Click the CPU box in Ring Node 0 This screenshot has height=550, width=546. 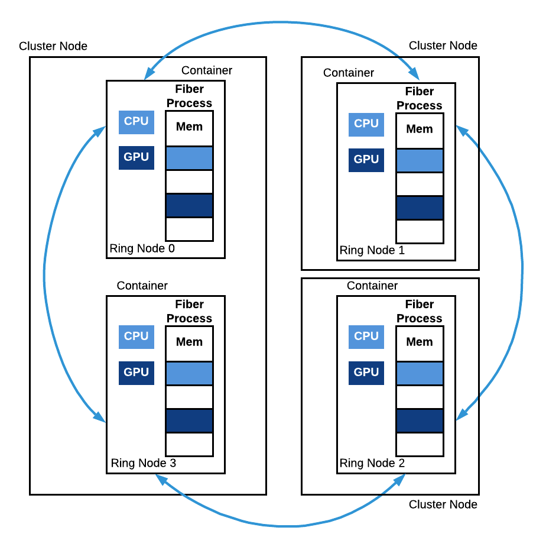coord(136,122)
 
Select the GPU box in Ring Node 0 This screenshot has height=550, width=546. coord(136,158)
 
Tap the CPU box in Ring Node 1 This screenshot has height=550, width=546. coord(366,125)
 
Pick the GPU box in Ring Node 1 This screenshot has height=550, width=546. coord(366,160)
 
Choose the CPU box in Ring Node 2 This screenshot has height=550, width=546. coord(366,337)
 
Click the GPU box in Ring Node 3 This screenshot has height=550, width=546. coord(136,373)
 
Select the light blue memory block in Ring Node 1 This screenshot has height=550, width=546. coord(420,161)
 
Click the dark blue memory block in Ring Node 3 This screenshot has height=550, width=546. coord(189,420)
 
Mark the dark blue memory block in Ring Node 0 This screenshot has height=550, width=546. coord(189,206)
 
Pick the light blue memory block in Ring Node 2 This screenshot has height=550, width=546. coord(420,374)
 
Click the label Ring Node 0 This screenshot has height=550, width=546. coord(142,248)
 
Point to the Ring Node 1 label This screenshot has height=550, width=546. coord(372,250)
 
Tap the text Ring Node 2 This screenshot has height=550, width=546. coord(372,463)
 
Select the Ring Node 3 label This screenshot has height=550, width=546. coord(144,463)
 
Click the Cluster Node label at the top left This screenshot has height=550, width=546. coord(53,46)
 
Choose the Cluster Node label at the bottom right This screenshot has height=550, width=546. coord(443,504)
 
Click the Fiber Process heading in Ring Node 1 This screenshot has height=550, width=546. coord(420,98)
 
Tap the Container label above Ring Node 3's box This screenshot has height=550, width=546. coord(142,286)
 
